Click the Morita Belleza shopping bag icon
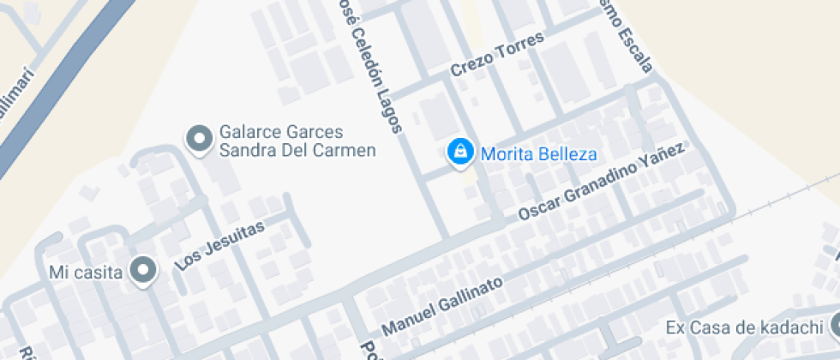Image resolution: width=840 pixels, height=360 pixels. click(460, 153)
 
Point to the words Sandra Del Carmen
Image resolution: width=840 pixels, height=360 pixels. click(297, 152)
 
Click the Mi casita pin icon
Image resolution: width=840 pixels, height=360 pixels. click(143, 271)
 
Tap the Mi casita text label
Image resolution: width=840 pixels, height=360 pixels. click(87, 273)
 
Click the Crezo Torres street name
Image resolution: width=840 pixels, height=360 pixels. click(498, 57)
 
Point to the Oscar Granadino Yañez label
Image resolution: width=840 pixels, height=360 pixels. click(603, 183)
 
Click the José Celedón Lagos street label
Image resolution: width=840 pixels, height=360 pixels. click(369, 65)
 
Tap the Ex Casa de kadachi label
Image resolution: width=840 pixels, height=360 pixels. click(744, 327)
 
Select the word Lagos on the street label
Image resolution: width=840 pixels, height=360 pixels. click(387, 111)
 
